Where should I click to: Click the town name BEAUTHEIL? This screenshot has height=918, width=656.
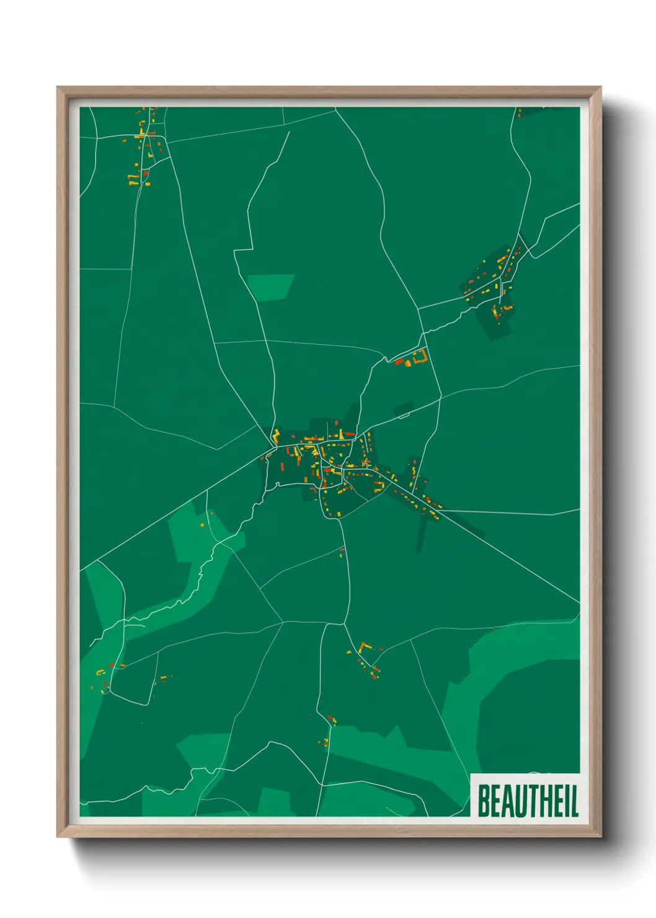527,801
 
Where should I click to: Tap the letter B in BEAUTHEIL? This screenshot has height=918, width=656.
483,801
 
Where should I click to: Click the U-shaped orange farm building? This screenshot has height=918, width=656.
421,357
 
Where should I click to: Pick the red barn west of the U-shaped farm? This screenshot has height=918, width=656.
399,360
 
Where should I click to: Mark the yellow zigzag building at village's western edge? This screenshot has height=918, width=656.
276,435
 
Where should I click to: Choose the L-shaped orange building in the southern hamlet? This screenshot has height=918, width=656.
363,647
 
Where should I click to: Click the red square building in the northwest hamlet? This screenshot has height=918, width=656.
146,174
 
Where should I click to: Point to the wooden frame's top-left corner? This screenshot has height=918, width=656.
58,88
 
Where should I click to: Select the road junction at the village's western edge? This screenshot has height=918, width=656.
273,446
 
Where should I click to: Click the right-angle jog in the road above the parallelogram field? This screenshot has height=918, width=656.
250,249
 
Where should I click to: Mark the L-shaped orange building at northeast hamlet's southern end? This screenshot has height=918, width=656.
508,307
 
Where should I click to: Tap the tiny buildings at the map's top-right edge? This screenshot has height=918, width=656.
520,113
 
